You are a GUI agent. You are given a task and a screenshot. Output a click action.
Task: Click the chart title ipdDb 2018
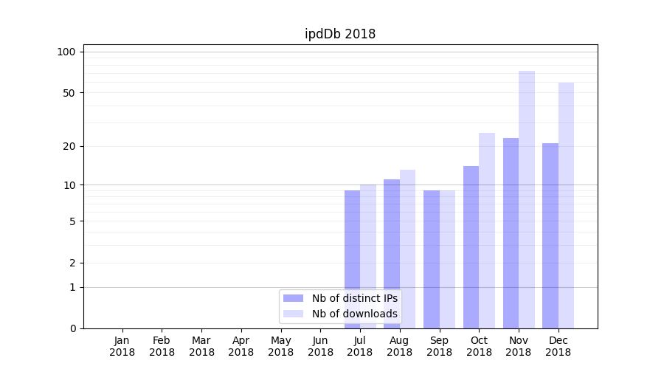pos(340,34)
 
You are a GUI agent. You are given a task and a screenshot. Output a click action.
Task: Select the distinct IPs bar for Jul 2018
pos(352,259)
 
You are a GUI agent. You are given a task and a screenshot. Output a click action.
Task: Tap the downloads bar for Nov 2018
pos(526,199)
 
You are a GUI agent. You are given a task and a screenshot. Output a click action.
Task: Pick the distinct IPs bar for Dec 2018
pos(550,235)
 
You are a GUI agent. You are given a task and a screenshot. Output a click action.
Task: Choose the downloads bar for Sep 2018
pos(447,259)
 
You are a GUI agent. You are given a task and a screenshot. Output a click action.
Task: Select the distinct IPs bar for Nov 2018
pos(511,233)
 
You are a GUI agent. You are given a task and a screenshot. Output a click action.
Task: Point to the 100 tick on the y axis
pos(66,52)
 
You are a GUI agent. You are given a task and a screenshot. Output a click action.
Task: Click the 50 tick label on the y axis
pos(69,93)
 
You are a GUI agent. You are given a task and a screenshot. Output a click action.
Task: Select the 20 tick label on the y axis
pos(69,146)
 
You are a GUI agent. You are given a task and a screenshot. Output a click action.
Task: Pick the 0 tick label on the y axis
pos(72,328)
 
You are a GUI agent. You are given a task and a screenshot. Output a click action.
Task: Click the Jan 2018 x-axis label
pos(122,346)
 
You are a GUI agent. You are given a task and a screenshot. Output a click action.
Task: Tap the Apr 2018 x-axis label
pos(241,346)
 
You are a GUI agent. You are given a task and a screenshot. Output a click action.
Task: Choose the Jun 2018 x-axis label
pos(320,346)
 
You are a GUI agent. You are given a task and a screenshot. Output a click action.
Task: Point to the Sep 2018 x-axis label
pos(439,346)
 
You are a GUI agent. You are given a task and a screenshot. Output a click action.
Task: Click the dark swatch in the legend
pos(294,298)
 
